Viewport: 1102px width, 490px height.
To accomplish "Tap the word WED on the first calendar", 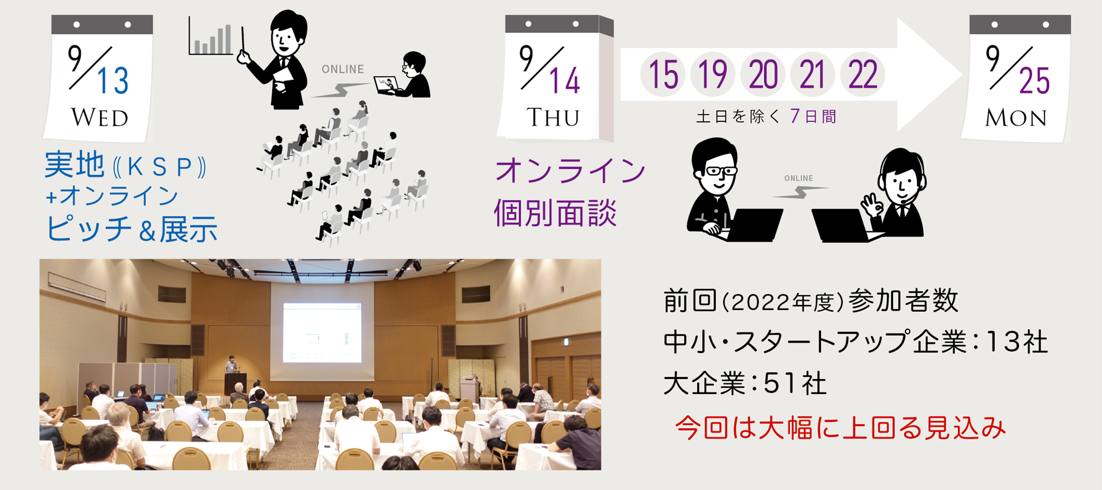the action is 100,118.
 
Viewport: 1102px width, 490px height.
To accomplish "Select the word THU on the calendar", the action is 553,117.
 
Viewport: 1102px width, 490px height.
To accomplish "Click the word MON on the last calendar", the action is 1015,118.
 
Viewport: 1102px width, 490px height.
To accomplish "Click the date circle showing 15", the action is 663,75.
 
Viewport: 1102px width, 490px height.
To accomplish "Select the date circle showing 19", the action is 713,75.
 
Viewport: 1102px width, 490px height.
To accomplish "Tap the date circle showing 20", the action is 763,75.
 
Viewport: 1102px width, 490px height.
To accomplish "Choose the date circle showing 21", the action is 812,75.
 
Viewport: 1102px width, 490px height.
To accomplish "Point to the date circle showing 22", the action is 863,75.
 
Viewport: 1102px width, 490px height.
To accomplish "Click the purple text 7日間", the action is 813,116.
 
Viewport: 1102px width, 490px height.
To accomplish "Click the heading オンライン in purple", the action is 570,171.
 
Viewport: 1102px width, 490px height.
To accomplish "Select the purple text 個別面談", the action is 555,212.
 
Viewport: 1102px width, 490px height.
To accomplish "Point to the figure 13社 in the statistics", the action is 1016,342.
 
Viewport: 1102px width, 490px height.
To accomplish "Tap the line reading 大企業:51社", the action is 745,384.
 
